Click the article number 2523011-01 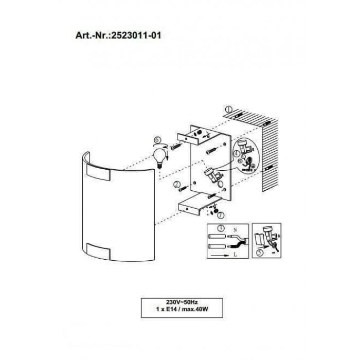coord(136,35)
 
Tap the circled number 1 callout coord(229,109)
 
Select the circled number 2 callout coord(177,184)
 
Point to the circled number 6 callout coord(157,140)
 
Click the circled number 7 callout coord(221,215)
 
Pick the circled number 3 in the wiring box coord(221,228)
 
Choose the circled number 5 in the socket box coord(259,253)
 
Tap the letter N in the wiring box coord(235,230)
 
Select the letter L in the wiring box coord(235,255)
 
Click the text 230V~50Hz coord(182,302)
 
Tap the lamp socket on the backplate coord(212,175)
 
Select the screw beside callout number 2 coord(184,189)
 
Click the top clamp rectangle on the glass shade coord(99,172)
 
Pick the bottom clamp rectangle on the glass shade coord(99,251)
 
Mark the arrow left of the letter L coord(220,255)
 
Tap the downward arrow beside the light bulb coord(168,156)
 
